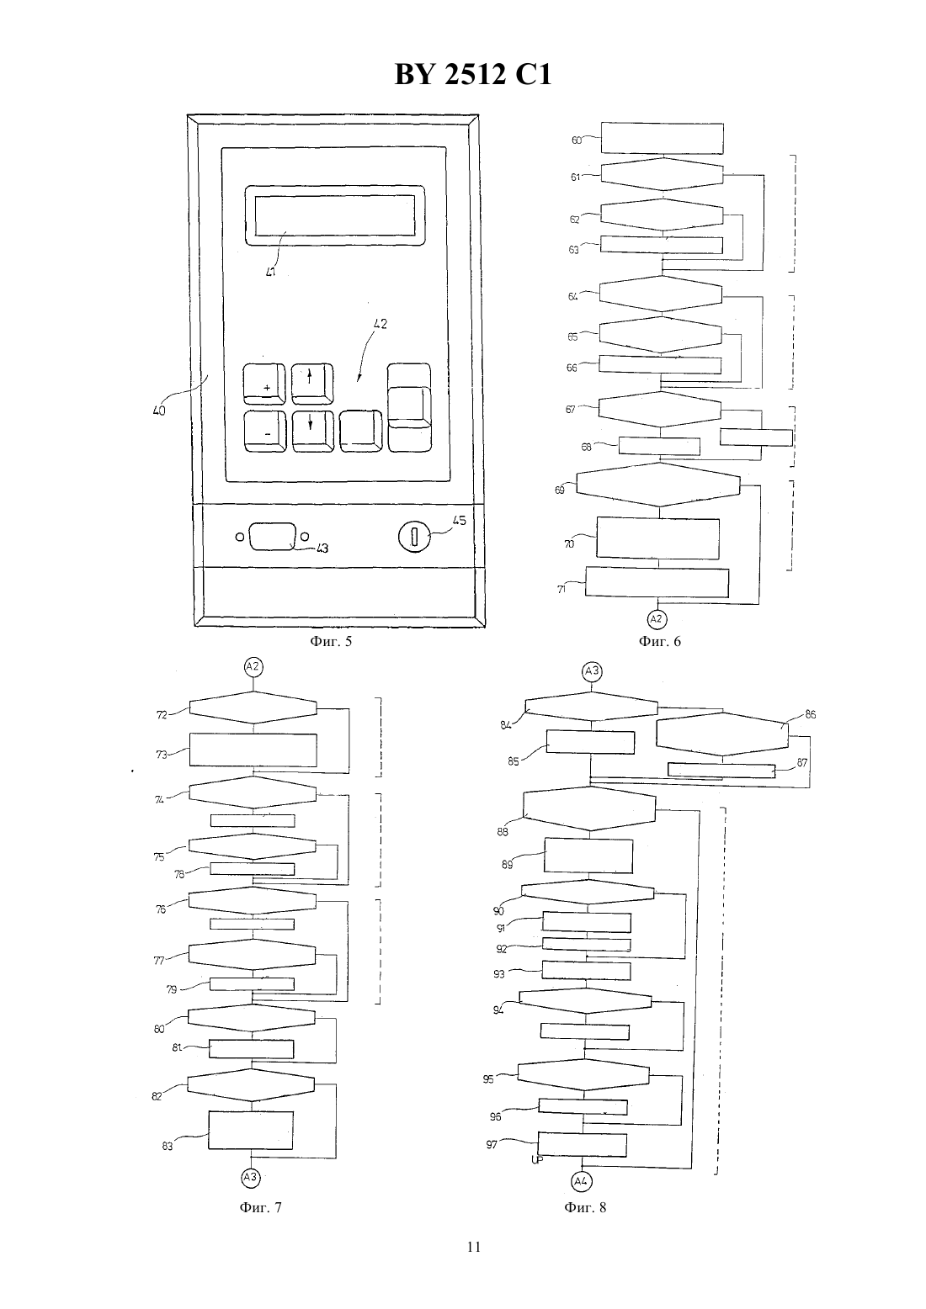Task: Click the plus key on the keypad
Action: pyautogui.click(x=264, y=384)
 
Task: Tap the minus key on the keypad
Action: pyautogui.click(x=265, y=432)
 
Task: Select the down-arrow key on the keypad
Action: pyautogui.click(x=313, y=432)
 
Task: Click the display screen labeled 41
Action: pyautogui.click(x=335, y=215)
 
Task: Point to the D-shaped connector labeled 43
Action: pyautogui.click(x=272, y=537)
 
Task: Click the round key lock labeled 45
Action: pyautogui.click(x=414, y=537)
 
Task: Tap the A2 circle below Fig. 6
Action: pyautogui.click(x=657, y=619)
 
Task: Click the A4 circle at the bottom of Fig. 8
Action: pyautogui.click(x=581, y=1181)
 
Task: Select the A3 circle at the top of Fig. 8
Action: pyautogui.click(x=592, y=670)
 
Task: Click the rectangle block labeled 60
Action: pyautogui.click(x=663, y=139)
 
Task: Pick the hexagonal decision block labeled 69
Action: pyautogui.click(x=658, y=485)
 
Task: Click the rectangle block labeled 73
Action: pyautogui.click(x=253, y=750)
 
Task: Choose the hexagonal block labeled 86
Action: pyautogui.click(x=722, y=734)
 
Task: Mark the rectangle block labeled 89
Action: pyautogui.click(x=588, y=856)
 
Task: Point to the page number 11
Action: pyautogui.click(x=474, y=1247)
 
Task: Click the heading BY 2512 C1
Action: pyautogui.click(x=473, y=74)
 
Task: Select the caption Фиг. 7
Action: pyautogui.click(x=261, y=1206)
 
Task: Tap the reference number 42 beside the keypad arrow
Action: pyautogui.click(x=380, y=323)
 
